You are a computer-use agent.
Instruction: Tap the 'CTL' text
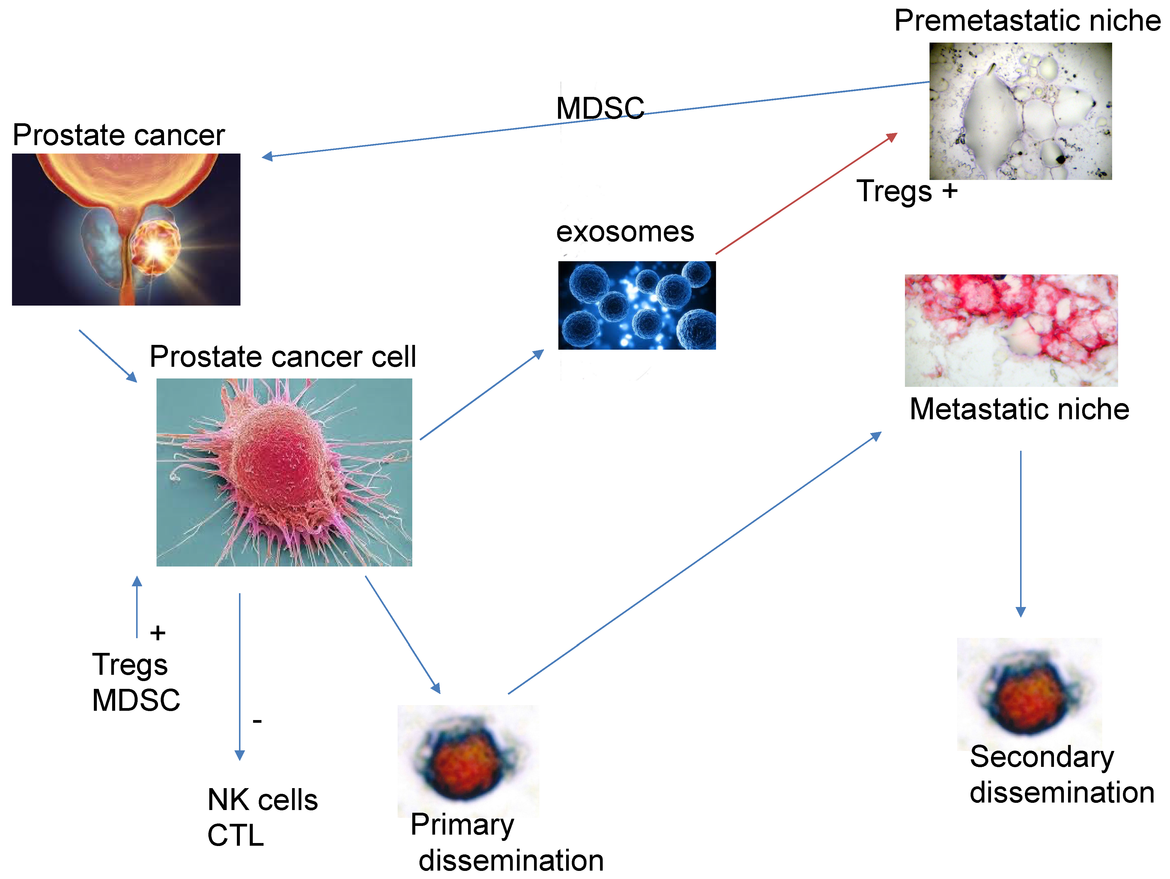[x=235, y=836]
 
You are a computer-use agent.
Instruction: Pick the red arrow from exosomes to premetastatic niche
[x=807, y=193]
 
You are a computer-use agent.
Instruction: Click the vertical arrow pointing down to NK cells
[x=240, y=677]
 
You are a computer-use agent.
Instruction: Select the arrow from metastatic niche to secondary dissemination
[x=1020, y=534]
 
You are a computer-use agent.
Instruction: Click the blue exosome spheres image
[x=637, y=305]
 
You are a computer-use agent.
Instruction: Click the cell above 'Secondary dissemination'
[x=1028, y=694]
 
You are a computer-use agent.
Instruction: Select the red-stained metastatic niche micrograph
[x=1011, y=330]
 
